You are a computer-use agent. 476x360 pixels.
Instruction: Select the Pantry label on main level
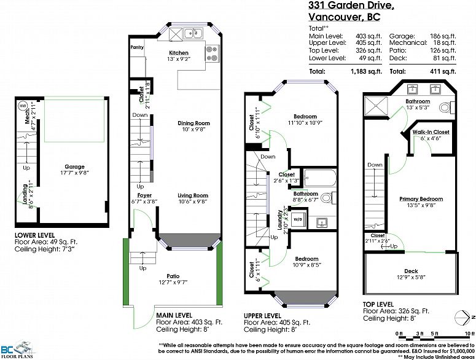pos(136,47)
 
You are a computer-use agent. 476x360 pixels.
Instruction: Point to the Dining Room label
pos(193,123)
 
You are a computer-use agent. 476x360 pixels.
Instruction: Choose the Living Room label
pos(193,195)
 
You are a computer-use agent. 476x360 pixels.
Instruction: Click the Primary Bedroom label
pos(421,199)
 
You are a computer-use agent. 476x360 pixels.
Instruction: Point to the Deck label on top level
pos(411,270)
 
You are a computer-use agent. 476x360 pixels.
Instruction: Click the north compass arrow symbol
pos(462,317)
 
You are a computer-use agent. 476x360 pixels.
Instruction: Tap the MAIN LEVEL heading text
pos(174,315)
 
